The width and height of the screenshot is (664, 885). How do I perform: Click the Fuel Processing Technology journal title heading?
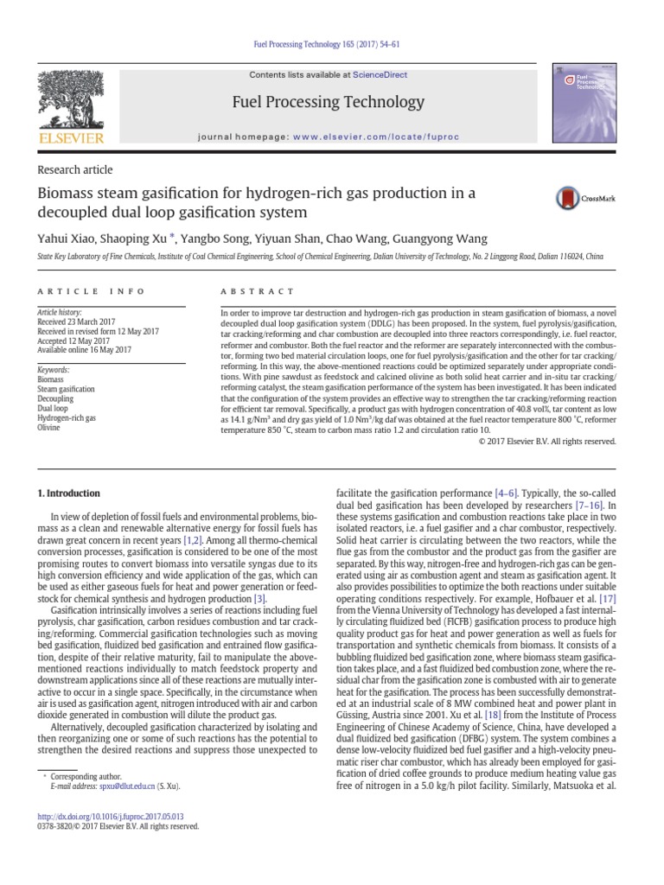(329, 103)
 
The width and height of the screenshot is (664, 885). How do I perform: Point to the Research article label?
(74, 170)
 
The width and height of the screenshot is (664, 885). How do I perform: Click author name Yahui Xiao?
(66, 239)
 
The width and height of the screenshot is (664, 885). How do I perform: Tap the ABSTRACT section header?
(258, 292)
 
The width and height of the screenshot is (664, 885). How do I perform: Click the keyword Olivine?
(49, 427)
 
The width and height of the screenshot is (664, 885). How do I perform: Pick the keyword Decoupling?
(56, 399)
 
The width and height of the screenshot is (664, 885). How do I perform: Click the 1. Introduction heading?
(68, 493)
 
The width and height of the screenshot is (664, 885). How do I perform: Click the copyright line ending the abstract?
(546, 441)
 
